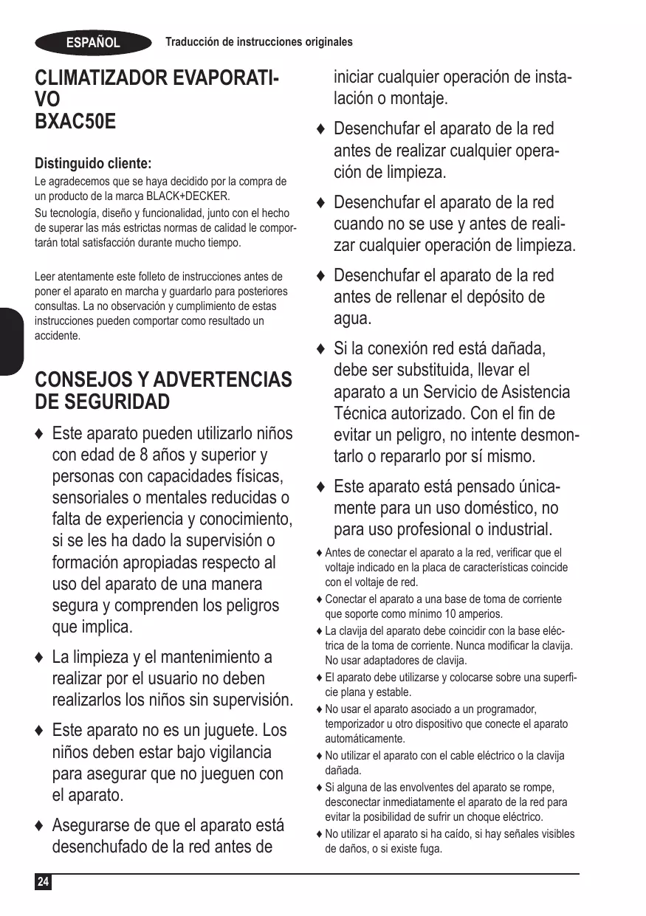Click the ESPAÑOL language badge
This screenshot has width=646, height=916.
[x=93, y=43]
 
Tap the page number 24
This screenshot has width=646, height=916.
[x=44, y=882]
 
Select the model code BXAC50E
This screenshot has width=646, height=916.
[x=75, y=121]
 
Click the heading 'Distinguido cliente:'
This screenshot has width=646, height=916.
[x=93, y=163]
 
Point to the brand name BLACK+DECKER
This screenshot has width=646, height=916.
[x=188, y=196]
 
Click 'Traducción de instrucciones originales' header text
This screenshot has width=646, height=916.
[x=258, y=42]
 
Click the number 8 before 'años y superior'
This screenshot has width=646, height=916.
[x=144, y=455]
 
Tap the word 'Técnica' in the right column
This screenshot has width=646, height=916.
[x=365, y=413]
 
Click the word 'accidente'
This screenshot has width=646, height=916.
[x=58, y=336]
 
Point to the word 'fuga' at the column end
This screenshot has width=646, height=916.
[x=430, y=849]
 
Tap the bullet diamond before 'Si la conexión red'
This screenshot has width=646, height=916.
[x=320, y=348]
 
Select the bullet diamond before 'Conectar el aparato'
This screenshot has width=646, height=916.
[x=319, y=599]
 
